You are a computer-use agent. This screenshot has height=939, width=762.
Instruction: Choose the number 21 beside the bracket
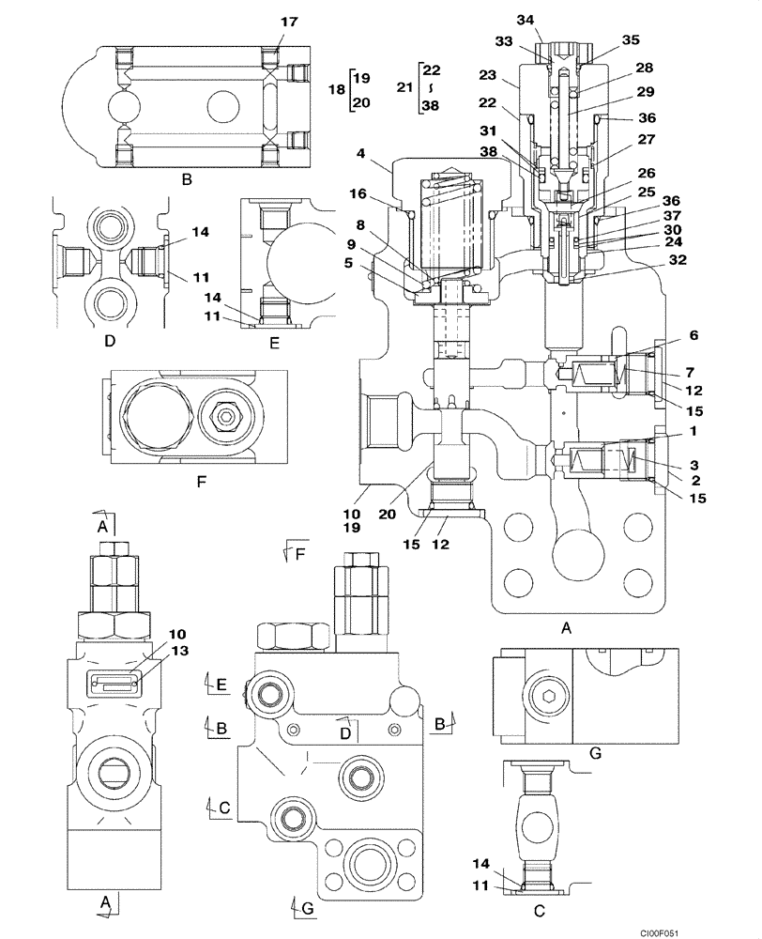[x=404, y=87]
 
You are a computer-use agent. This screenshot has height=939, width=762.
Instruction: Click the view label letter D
[x=110, y=342]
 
